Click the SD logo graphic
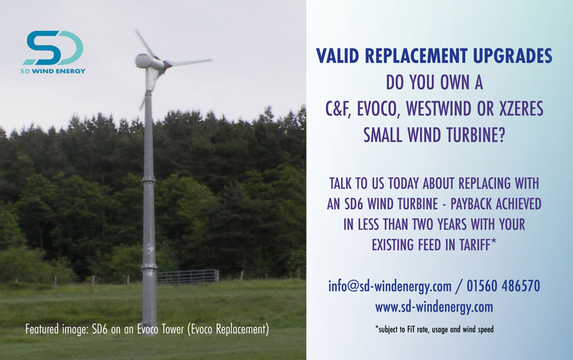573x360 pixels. (x=54, y=48)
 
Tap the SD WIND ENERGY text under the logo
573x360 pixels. (x=53, y=71)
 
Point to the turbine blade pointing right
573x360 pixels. (x=190, y=62)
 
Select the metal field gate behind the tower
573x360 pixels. (x=188, y=276)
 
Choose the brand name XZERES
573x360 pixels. (x=522, y=109)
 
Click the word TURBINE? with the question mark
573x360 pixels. (x=475, y=136)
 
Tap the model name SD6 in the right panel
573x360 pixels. (x=353, y=204)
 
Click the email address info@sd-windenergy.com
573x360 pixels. (x=390, y=286)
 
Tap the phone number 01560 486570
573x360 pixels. (x=503, y=286)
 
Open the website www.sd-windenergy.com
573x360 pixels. (x=434, y=307)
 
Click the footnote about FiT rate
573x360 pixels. (x=434, y=329)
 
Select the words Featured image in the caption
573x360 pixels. (x=57, y=329)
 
